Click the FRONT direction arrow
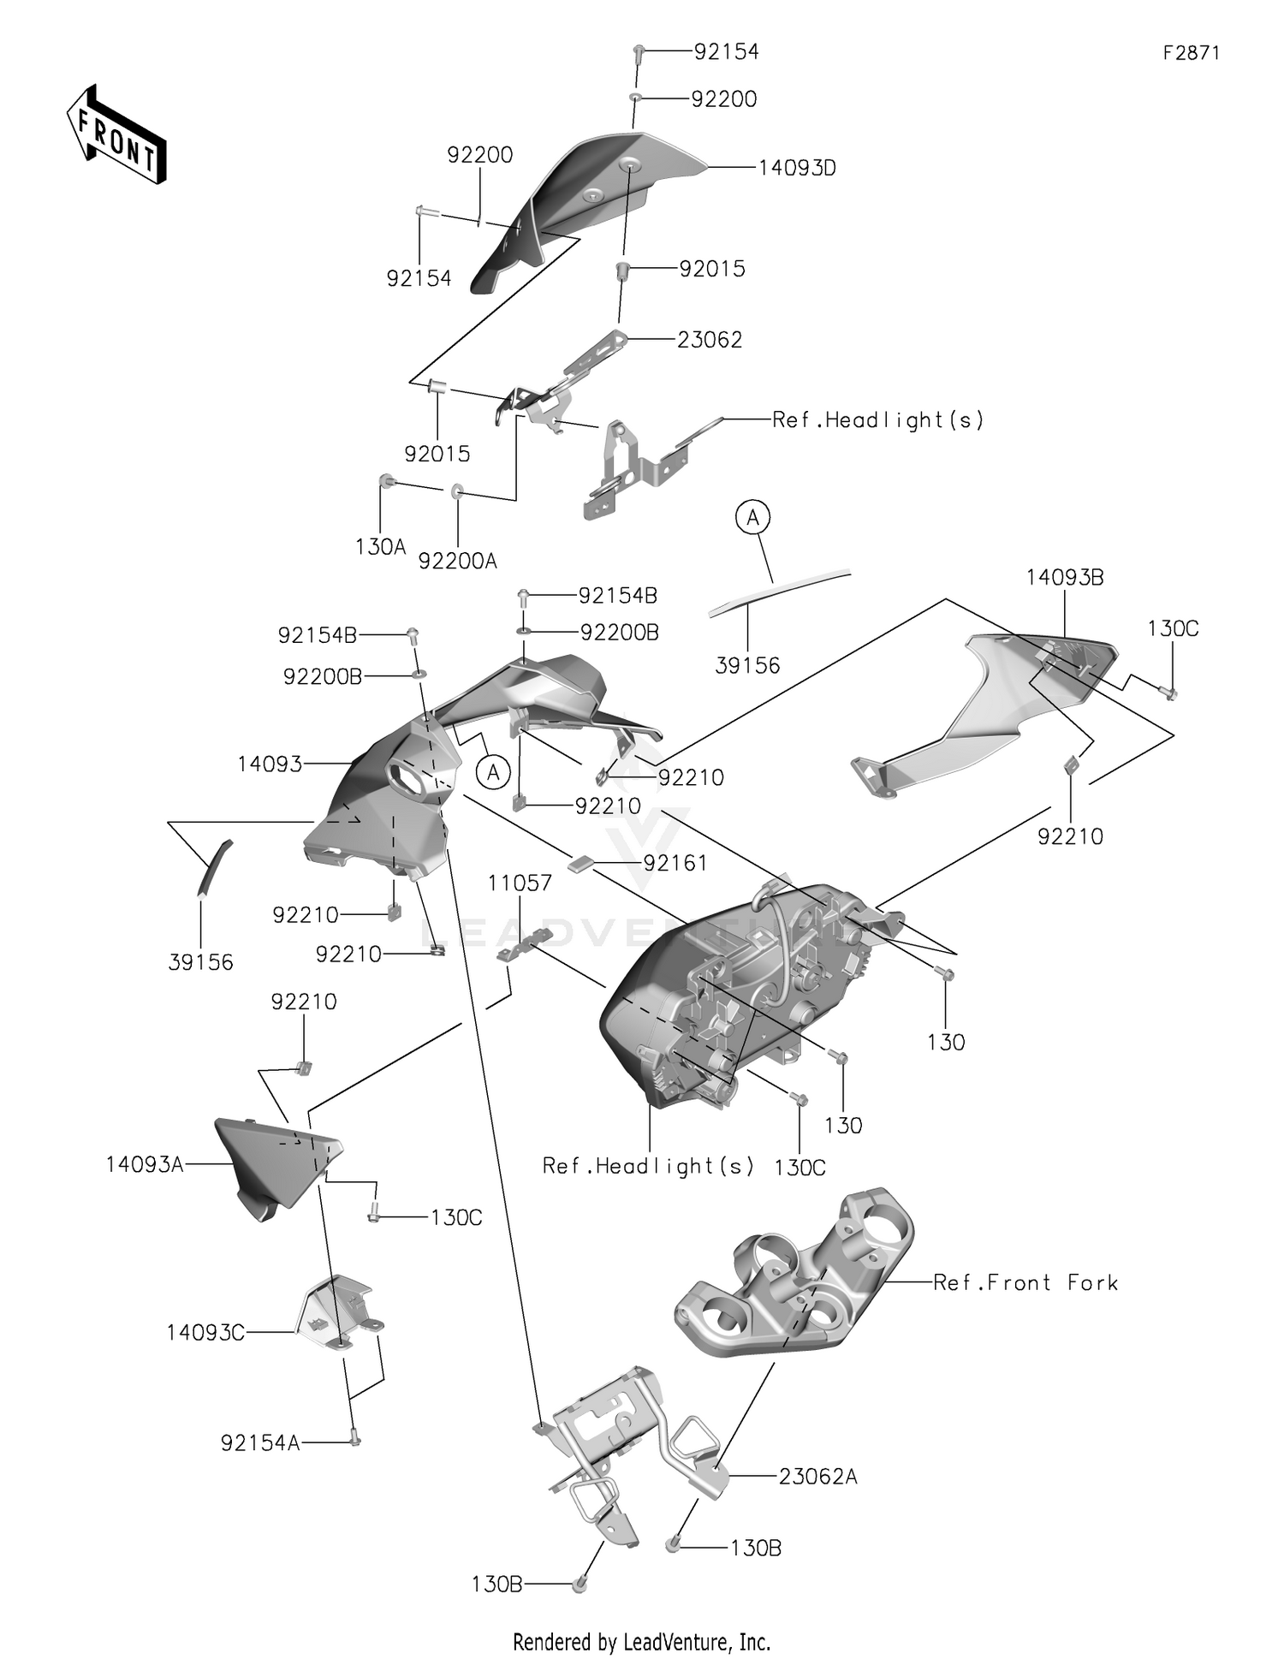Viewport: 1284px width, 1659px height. (116, 134)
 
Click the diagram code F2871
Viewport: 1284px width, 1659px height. (1191, 53)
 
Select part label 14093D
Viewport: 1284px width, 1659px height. (797, 169)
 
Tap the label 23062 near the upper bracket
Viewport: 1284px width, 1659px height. (710, 340)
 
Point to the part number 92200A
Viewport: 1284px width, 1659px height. (457, 561)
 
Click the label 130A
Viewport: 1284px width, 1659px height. (380, 547)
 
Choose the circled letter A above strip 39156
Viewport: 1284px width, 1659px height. (752, 518)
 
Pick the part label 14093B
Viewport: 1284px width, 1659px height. (1065, 578)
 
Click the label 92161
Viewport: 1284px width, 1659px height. (675, 863)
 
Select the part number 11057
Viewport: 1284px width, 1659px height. (520, 883)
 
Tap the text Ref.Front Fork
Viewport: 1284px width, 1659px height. (1025, 1282)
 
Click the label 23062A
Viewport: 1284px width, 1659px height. (817, 1477)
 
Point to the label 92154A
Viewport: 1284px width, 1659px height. (260, 1443)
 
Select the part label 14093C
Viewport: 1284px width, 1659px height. (205, 1333)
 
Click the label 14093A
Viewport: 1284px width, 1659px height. (145, 1164)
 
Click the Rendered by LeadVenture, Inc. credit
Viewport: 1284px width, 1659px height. (641, 1642)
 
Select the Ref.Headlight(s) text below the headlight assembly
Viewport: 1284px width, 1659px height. (648, 1166)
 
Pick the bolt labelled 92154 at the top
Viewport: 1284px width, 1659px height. (639, 53)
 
